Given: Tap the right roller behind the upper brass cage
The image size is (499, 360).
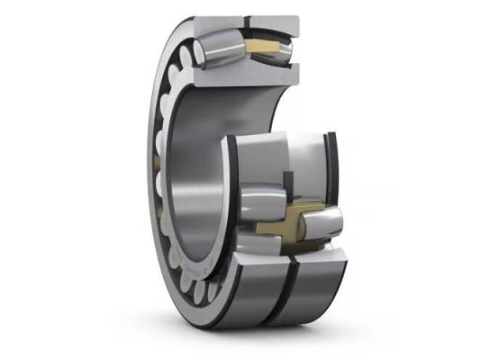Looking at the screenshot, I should (286, 49).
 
